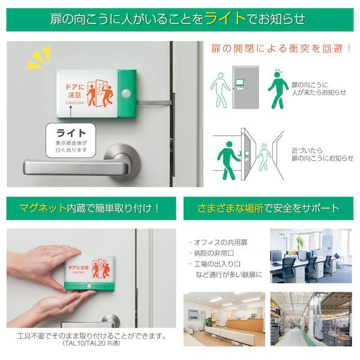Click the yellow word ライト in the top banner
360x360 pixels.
point(226,18)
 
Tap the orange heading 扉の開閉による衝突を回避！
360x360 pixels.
point(281,48)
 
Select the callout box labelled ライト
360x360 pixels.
point(71,140)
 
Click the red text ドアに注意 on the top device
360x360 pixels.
point(75,91)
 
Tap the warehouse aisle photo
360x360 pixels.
point(311,319)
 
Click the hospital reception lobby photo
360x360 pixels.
point(224,319)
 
